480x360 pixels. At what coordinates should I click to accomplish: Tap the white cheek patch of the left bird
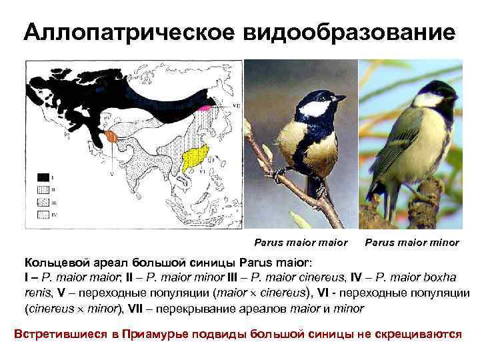tap(315, 108)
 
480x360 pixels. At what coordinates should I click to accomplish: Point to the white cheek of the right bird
tap(427, 100)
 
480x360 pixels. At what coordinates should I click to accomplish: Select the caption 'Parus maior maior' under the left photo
tap(301, 242)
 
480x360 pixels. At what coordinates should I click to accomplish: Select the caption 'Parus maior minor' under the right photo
tap(412, 242)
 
